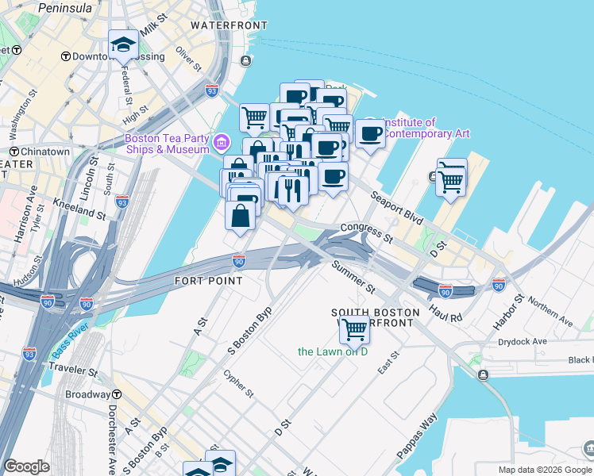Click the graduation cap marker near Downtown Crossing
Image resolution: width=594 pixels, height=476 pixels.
tap(123, 44)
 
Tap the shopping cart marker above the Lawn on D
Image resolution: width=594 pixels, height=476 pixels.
tap(354, 327)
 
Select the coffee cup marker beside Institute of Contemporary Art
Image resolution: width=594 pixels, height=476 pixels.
tap(370, 132)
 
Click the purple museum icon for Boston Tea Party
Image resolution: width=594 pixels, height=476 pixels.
tap(223, 144)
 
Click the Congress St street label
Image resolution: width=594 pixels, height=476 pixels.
tap(366, 232)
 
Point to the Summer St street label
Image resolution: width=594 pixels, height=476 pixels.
tap(353, 274)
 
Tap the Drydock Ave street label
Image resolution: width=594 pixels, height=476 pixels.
tap(528, 341)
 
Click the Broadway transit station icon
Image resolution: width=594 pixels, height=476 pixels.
tap(116, 394)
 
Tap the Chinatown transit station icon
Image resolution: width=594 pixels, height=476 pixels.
tap(14, 151)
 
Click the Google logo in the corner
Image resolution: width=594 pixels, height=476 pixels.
tap(26, 466)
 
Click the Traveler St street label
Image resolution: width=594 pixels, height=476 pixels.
tap(72, 370)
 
